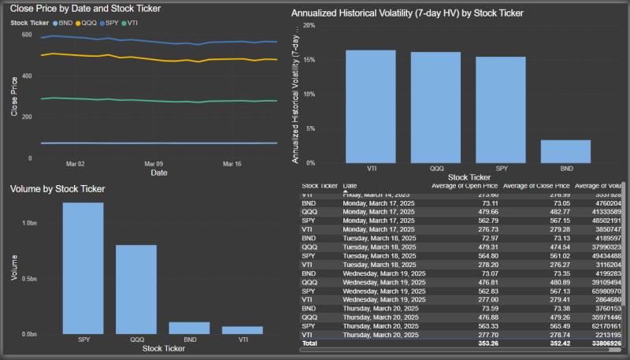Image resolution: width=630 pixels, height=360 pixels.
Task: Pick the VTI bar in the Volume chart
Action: [242, 330]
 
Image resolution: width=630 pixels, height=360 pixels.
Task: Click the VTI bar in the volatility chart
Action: [371, 106]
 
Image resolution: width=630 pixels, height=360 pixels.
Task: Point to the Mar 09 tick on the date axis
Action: [154, 165]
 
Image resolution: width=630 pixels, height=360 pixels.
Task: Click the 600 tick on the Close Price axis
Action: [27, 35]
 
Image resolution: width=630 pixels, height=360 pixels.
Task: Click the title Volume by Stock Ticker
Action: [57, 189]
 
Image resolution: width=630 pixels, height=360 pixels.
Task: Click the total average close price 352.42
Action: [552, 343]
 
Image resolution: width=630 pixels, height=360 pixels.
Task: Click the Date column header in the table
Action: [350, 186]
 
